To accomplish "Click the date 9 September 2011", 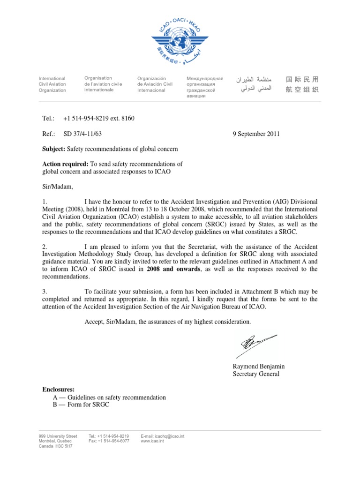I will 256,134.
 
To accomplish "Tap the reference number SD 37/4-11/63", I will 82,134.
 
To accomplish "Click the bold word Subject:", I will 54,149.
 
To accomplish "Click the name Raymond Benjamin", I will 259,366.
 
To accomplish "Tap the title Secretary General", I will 256,374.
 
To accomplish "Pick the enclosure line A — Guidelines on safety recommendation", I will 110,397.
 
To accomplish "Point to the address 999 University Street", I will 58,436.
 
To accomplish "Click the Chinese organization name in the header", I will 301,84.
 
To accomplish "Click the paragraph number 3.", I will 45,292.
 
